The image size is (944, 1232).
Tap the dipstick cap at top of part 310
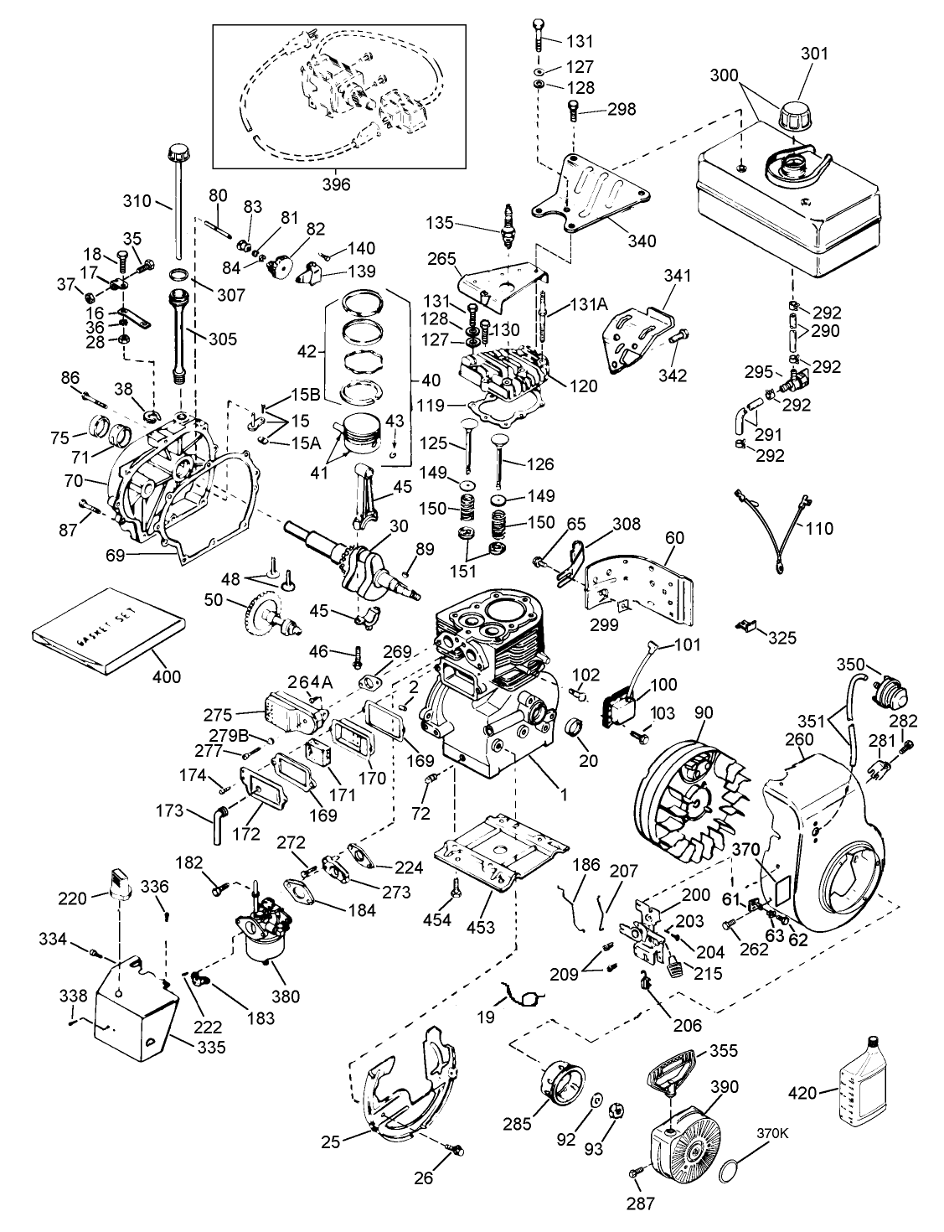pos(177,153)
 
